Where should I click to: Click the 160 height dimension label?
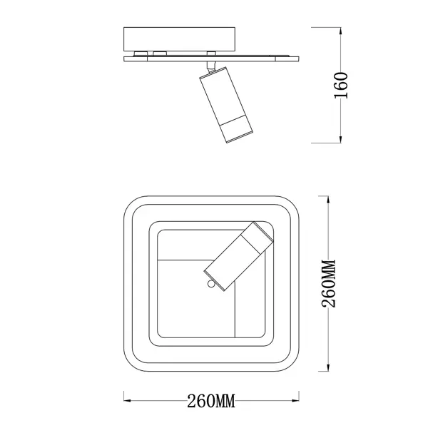coord(341,85)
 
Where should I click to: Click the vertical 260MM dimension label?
coord(329,284)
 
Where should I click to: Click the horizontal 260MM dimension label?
coord(211,401)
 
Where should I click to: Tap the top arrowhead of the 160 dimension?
coord(340,31)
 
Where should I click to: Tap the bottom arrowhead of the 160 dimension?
coord(340,140)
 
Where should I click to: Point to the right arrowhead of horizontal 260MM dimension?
coord(295,400)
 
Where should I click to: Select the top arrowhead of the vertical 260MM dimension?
coord(328,200)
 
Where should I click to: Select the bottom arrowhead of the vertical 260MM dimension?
coord(328,367)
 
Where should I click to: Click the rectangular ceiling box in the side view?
coord(179,39)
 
